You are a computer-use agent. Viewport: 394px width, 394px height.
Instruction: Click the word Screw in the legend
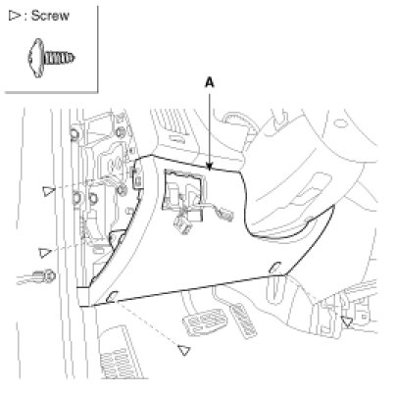pyautogui.click(x=50, y=16)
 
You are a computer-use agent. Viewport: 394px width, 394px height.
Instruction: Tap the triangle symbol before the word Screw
pyautogui.click(x=14, y=16)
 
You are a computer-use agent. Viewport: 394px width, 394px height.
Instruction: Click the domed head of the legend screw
pyautogui.click(x=36, y=58)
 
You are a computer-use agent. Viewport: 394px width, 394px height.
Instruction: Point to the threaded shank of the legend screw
pyautogui.click(x=60, y=58)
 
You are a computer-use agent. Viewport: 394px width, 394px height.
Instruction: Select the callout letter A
pyautogui.click(x=210, y=83)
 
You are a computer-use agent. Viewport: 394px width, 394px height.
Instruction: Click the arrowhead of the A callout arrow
pyautogui.click(x=210, y=167)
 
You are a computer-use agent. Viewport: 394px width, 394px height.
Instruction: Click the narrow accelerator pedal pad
pyautogui.click(x=244, y=320)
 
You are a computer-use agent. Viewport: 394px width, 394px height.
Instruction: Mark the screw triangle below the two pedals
pyautogui.click(x=184, y=350)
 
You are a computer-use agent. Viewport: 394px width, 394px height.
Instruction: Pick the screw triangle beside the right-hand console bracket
pyautogui.click(x=347, y=321)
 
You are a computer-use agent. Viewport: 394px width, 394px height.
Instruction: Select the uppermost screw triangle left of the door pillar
pyautogui.click(x=48, y=191)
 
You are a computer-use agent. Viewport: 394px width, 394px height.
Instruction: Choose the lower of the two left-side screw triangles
pyautogui.click(x=44, y=253)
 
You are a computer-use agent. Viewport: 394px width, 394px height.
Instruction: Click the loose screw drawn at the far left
pyautogui.click(x=44, y=276)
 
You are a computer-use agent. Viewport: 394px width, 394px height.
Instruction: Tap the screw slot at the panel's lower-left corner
pyautogui.click(x=111, y=296)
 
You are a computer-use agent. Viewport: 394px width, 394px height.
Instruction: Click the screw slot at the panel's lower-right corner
pyautogui.click(x=274, y=268)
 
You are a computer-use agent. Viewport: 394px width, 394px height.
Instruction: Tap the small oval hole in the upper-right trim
pyautogui.click(x=341, y=123)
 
